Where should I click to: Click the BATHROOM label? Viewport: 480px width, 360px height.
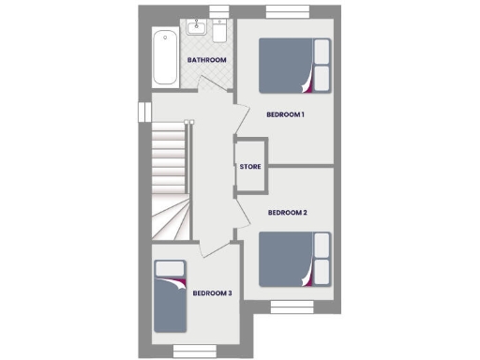point(207,61)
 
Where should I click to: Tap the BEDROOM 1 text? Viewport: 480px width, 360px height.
point(286,115)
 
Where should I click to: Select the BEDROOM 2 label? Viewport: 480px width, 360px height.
point(288,213)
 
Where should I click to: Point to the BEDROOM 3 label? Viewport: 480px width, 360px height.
point(212,293)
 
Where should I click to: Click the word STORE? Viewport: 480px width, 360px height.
point(250,167)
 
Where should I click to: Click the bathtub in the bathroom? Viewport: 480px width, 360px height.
point(166,57)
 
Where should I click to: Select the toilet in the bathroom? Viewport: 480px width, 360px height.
point(218,31)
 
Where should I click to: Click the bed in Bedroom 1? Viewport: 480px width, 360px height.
point(293,65)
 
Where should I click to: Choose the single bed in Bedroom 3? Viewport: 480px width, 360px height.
point(170,301)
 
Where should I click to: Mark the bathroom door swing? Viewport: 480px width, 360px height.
point(212,96)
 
